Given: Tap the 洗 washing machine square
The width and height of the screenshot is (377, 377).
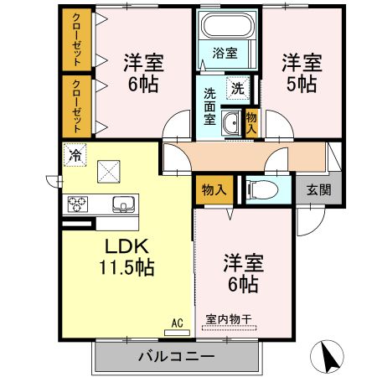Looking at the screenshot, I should click(238, 87).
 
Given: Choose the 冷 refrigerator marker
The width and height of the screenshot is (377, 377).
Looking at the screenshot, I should click(75, 154).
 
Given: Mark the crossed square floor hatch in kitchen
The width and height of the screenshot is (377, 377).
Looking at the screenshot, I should click(109, 172).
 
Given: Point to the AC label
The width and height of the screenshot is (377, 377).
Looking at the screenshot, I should click(177, 322).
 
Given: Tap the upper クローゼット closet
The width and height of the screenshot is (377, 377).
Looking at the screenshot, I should click(77, 41).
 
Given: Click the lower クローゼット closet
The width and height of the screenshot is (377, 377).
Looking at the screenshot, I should click(77, 106).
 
